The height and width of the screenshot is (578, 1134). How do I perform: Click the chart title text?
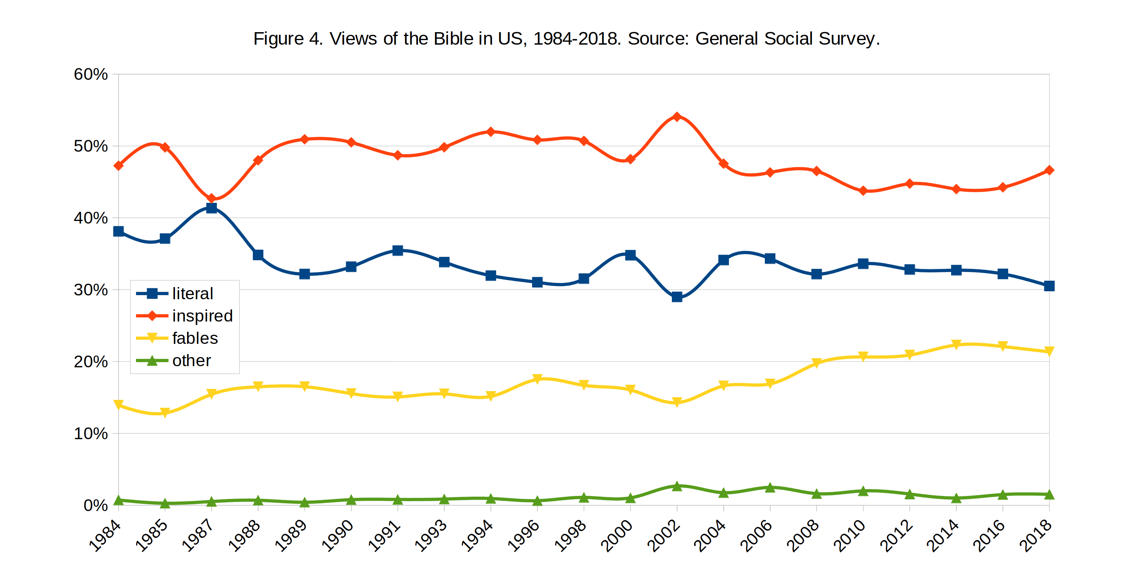point(566,39)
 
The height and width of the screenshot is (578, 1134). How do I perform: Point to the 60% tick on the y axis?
point(91,74)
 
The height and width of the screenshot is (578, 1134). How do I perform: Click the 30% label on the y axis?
point(91,290)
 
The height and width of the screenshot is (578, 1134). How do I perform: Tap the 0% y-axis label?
point(96,505)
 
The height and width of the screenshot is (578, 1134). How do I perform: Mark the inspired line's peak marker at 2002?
point(677,117)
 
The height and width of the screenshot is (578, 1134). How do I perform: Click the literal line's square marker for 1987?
point(212,208)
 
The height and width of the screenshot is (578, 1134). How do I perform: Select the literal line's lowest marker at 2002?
point(677,297)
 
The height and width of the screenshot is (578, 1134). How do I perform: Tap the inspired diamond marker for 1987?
point(212,198)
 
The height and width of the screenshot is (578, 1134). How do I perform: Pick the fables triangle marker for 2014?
point(956,344)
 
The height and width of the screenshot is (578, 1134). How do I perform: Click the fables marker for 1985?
point(165,413)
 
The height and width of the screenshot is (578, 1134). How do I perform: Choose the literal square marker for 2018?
point(1049,286)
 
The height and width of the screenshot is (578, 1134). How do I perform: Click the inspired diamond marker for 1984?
point(118,166)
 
